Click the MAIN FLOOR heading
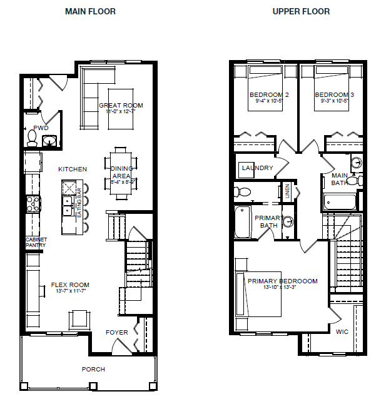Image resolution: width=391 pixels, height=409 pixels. tap(90, 11)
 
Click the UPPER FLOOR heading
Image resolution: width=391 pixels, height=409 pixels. tap(302, 11)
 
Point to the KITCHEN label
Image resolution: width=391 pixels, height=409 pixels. tap(73, 169)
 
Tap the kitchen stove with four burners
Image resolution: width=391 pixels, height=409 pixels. tap(33, 203)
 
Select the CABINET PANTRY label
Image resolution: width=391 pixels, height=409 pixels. tap(36, 243)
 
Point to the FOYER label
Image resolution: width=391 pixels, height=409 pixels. tap(116, 332)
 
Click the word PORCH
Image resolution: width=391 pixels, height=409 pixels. tap(93, 369)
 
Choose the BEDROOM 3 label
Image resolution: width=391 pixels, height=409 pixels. tap(334, 94)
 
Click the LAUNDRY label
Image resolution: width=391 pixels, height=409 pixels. tap(257, 168)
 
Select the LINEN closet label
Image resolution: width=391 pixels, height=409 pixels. tap(287, 190)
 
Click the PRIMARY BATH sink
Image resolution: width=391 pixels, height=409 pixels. tap(288, 221)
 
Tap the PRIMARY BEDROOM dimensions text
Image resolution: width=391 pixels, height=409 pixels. tap(282, 289)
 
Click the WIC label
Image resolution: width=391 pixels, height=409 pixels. tap(342, 331)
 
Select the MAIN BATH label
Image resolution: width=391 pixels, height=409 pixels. tap(340, 179)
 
